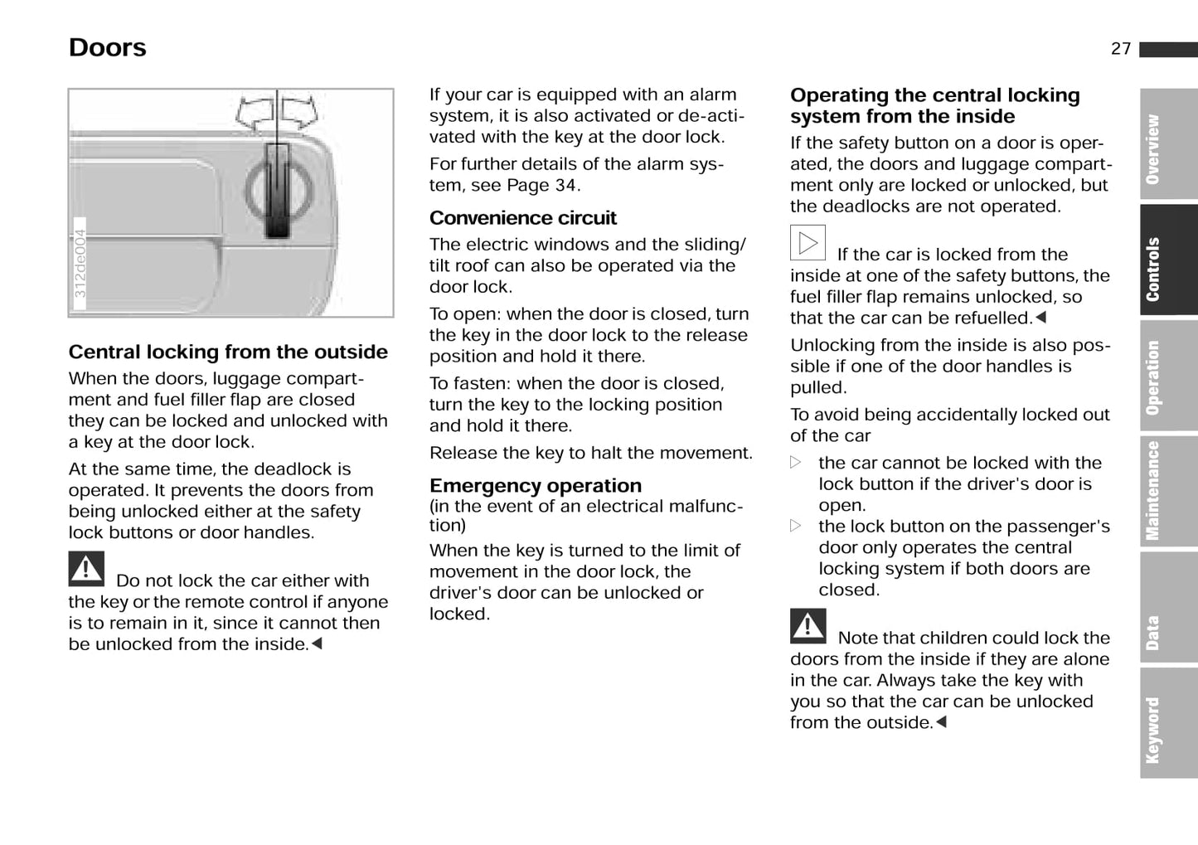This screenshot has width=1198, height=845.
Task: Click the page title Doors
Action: [107, 48]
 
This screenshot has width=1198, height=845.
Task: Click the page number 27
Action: [1120, 49]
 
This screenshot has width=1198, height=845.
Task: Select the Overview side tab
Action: [1167, 146]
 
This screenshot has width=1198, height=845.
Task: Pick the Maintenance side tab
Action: [1167, 490]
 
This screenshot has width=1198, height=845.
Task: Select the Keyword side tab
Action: [1167, 729]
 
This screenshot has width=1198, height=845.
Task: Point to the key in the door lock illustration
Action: [277, 191]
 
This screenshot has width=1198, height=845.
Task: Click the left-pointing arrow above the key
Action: [255, 112]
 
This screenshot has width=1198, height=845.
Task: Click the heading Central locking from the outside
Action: [228, 352]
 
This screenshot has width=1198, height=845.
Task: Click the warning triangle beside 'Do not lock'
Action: [86, 570]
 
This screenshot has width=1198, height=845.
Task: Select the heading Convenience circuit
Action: [522, 218]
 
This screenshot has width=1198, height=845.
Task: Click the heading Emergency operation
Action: [535, 486]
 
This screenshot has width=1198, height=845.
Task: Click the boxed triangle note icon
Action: [807, 243]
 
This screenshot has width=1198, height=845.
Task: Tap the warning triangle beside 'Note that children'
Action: [808, 627]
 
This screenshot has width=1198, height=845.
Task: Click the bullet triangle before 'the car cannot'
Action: [796, 463]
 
